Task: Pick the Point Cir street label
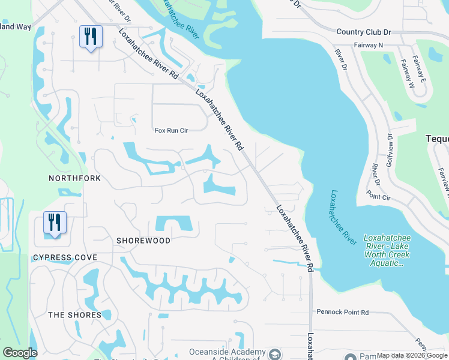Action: click(378, 196)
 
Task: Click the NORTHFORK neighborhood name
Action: click(75, 179)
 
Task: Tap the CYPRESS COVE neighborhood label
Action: click(65, 257)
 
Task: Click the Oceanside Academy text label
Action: click(227, 352)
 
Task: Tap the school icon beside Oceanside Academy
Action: click(275, 353)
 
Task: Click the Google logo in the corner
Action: click(19, 353)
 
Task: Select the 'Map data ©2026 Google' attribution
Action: click(412, 356)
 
